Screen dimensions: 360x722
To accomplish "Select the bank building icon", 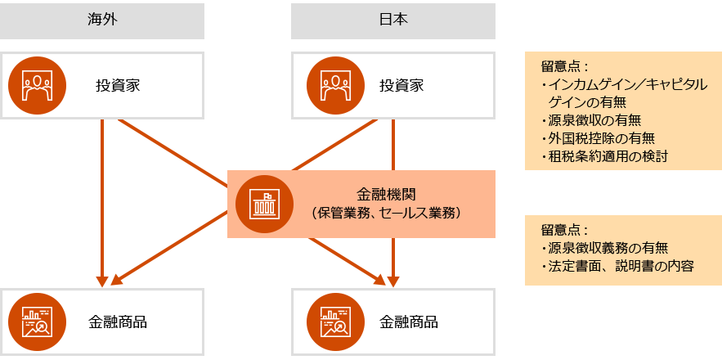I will click(264, 204).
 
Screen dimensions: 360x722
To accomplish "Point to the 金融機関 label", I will click(388, 195).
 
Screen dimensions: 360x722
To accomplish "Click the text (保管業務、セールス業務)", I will click(388, 213).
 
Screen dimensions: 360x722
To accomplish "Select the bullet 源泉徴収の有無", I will click(594, 120).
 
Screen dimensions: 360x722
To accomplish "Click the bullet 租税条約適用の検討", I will click(605, 155).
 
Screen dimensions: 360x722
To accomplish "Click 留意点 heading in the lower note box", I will click(565, 230).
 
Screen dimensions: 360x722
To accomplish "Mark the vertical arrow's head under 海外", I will click(102, 281).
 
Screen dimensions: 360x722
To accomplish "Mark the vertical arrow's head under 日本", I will click(393, 281).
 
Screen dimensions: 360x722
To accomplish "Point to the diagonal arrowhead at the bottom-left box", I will click(115, 280).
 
